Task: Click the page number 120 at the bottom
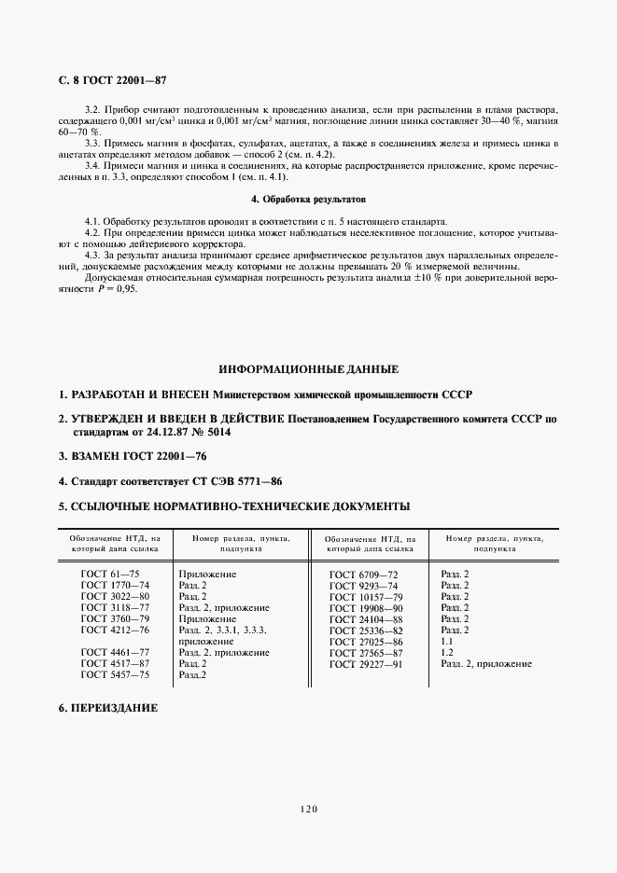pos(308,809)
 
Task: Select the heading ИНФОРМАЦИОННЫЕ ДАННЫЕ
pos(308,369)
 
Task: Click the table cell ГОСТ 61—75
pos(111,574)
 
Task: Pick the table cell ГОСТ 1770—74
pos(115,585)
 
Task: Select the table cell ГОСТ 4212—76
pos(115,630)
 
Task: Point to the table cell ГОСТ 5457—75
pos(115,674)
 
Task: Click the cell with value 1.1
pos(446,642)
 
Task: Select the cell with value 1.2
pos(446,653)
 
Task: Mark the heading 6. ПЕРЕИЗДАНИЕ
pos(108,708)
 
